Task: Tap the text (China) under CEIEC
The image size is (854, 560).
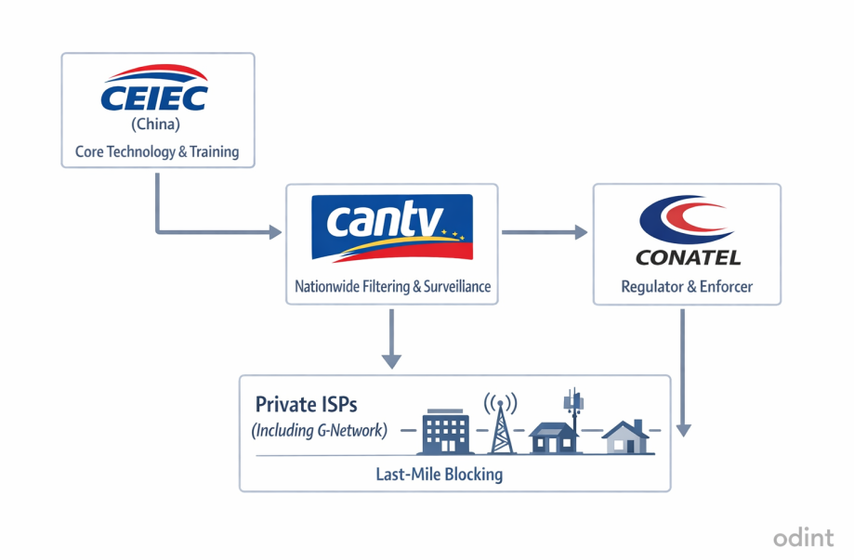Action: [156, 124]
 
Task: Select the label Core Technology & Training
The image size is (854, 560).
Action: [157, 151]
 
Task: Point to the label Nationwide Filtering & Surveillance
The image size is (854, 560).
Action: [392, 287]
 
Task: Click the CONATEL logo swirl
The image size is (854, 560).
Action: [687, 222]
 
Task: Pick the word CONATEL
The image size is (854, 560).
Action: [687, 256]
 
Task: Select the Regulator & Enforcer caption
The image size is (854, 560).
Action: [687, 288]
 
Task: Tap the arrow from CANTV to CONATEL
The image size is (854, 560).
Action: [545, 232]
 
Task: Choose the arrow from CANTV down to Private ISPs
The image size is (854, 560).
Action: [392, 338]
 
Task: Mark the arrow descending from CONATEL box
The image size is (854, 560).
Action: [683, 371]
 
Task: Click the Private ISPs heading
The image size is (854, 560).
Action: [306, 405]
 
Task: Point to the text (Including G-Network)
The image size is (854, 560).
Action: [319, 431]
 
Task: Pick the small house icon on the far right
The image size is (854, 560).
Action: [625, 436]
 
